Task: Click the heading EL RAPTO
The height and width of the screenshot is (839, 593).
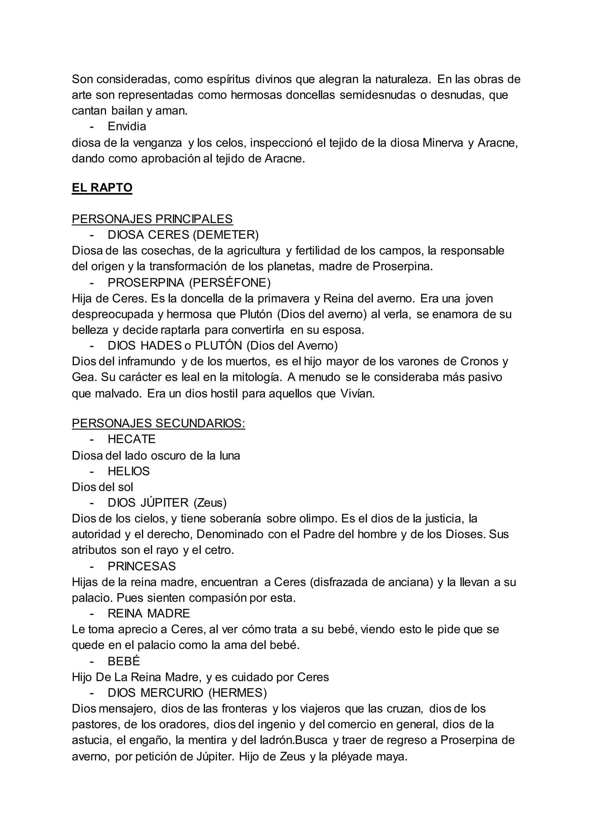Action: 102,188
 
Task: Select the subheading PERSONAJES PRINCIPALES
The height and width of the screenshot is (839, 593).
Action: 152,219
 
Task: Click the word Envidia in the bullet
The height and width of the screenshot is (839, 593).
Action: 127,126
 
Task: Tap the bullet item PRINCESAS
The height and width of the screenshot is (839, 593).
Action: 142,566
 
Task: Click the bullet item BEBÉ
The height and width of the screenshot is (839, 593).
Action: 124,661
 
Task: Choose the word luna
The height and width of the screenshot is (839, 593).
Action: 230,456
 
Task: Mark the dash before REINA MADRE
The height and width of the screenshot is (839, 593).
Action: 92,614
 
